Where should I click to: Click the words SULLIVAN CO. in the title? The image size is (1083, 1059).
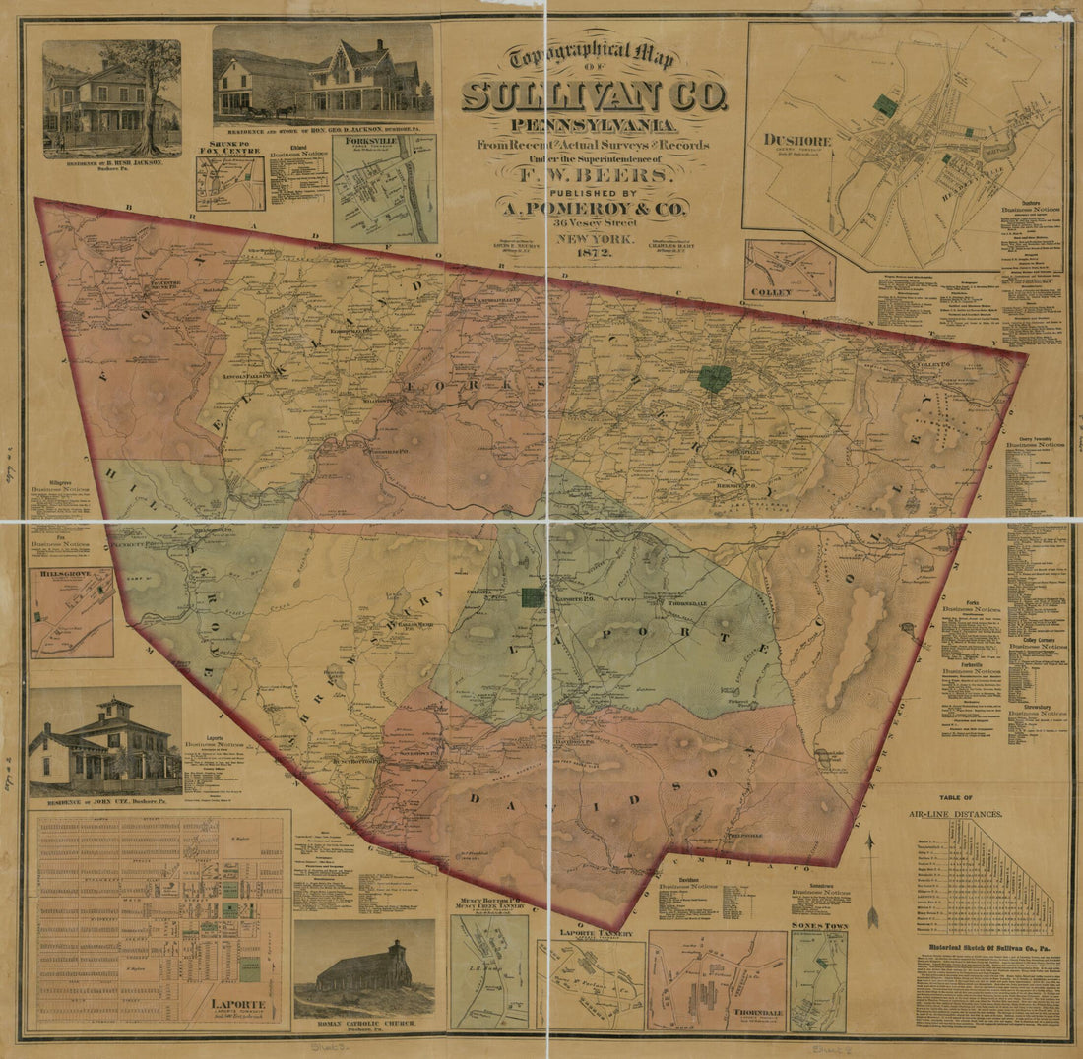click(594, 95)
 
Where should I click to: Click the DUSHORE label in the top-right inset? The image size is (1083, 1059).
click(797, 140)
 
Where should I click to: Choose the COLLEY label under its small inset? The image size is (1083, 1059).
click(771, 292)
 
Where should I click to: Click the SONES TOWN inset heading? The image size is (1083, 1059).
click(818, 926)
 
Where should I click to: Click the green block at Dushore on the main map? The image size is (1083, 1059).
click(714, 379)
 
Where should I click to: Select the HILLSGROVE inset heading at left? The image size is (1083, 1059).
click(60, 572)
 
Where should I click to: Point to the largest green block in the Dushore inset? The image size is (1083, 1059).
click(886, 105)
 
